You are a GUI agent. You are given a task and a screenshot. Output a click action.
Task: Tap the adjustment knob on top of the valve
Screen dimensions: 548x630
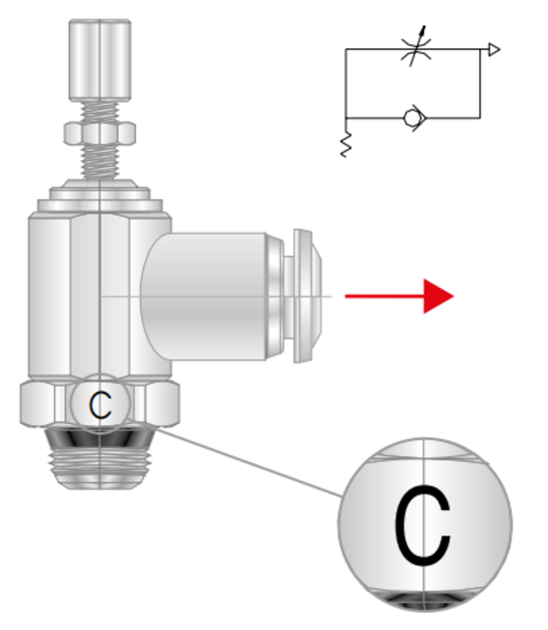(x=100, y=60)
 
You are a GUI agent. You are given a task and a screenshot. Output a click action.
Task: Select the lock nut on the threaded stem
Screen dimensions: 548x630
(x=100, y=133)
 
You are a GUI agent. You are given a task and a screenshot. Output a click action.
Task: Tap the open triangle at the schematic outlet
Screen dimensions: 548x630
(x=494, y=50)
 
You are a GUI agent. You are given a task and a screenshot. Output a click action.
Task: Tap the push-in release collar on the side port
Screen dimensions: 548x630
(x=308, y=296)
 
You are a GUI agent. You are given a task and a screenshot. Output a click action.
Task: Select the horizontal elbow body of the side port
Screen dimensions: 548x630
(x=203, y=296)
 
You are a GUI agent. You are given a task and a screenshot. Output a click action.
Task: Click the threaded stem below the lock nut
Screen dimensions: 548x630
(x=100, y=162)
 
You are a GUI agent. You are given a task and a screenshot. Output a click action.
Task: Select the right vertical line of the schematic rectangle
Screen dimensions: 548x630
(x=480, y=84)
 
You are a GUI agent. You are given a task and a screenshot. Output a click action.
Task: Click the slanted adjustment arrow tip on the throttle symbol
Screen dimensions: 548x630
(x=424, y=27)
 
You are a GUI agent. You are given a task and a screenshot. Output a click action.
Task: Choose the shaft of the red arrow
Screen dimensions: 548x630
(x=385, y=296)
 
